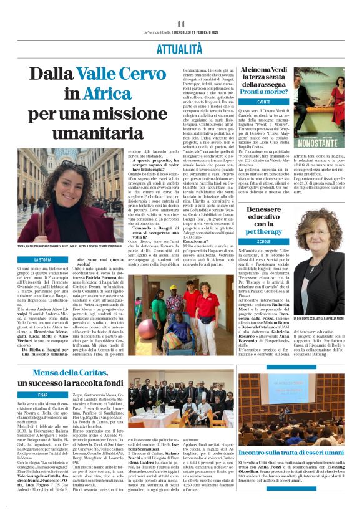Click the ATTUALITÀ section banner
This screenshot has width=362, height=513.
click(x=181, y=46)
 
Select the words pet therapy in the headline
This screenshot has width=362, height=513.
click(x=268, y=231)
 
